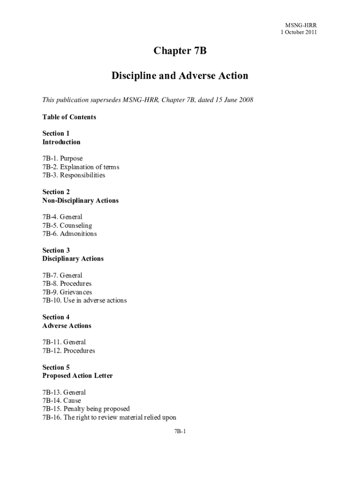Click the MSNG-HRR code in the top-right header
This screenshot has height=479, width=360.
point(301,25)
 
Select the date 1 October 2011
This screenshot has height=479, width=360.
point(299,32)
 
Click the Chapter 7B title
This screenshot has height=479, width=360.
point(180,51)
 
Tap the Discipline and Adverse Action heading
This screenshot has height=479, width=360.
point(180,75)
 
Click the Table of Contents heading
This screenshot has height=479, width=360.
point(69,117)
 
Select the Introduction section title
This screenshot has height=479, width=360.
point(61,142)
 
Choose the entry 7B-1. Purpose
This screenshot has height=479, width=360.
point(63,159)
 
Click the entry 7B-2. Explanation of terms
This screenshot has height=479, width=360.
point(81,167)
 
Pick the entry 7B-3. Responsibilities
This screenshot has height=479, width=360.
point(74,175)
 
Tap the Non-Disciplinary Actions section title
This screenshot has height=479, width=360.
point(80,200)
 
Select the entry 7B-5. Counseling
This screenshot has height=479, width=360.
point(67,225)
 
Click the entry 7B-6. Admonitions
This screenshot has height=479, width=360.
point(70,234)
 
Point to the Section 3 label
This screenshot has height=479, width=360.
point(56,250)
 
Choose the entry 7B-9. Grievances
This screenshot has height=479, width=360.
point(67,292)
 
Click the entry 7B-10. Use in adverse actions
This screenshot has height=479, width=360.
point(85,300)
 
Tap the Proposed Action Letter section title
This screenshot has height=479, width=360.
point(78,376)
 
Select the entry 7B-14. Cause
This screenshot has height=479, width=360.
point(62,400)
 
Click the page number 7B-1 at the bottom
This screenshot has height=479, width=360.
point(180,431)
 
